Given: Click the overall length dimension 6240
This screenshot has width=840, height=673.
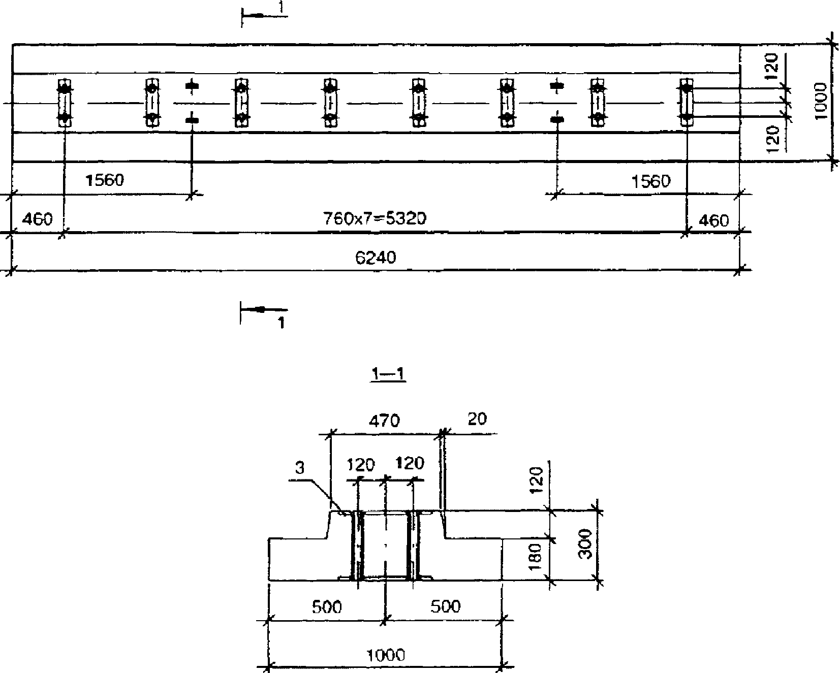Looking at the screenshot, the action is (x=375, y=258).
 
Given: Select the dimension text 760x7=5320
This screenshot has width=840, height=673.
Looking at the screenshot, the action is (x=375, y=218).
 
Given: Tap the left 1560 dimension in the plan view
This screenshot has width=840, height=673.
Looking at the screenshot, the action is (x=104, y=180).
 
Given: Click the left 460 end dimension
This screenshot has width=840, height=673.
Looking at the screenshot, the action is (x=37, y=220).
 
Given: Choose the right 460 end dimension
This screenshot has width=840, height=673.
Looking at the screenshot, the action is (x=713, y=220).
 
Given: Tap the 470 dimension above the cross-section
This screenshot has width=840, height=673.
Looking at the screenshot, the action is (x=385, y=421).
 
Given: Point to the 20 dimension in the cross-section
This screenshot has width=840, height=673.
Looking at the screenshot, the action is (x=476, y=419).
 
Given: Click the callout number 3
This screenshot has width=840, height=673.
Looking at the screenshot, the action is (x=300, y=468).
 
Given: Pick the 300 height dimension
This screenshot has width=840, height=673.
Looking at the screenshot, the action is (x=586, y=544).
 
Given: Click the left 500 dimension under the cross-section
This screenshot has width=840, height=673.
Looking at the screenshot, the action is (x=327, y=606).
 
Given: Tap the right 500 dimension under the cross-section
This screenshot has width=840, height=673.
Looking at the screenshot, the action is (x=446, y=606).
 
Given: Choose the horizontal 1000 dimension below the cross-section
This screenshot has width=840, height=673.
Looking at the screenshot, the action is (x=385, y=655).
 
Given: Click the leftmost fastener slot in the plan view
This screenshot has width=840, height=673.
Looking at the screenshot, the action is (x=65, y=103).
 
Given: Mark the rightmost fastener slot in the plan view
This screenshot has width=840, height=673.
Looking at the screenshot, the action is (x=687, y=103).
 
